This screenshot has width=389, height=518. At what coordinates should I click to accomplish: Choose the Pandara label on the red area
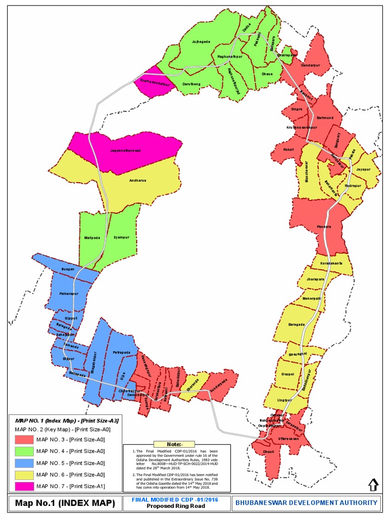click(324, 227)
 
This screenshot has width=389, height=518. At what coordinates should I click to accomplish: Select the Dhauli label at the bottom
click(268, 452)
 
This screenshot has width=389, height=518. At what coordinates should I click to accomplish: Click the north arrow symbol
click(373, 484)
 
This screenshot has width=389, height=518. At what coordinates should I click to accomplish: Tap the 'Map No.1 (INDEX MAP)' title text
click(65, 503)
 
